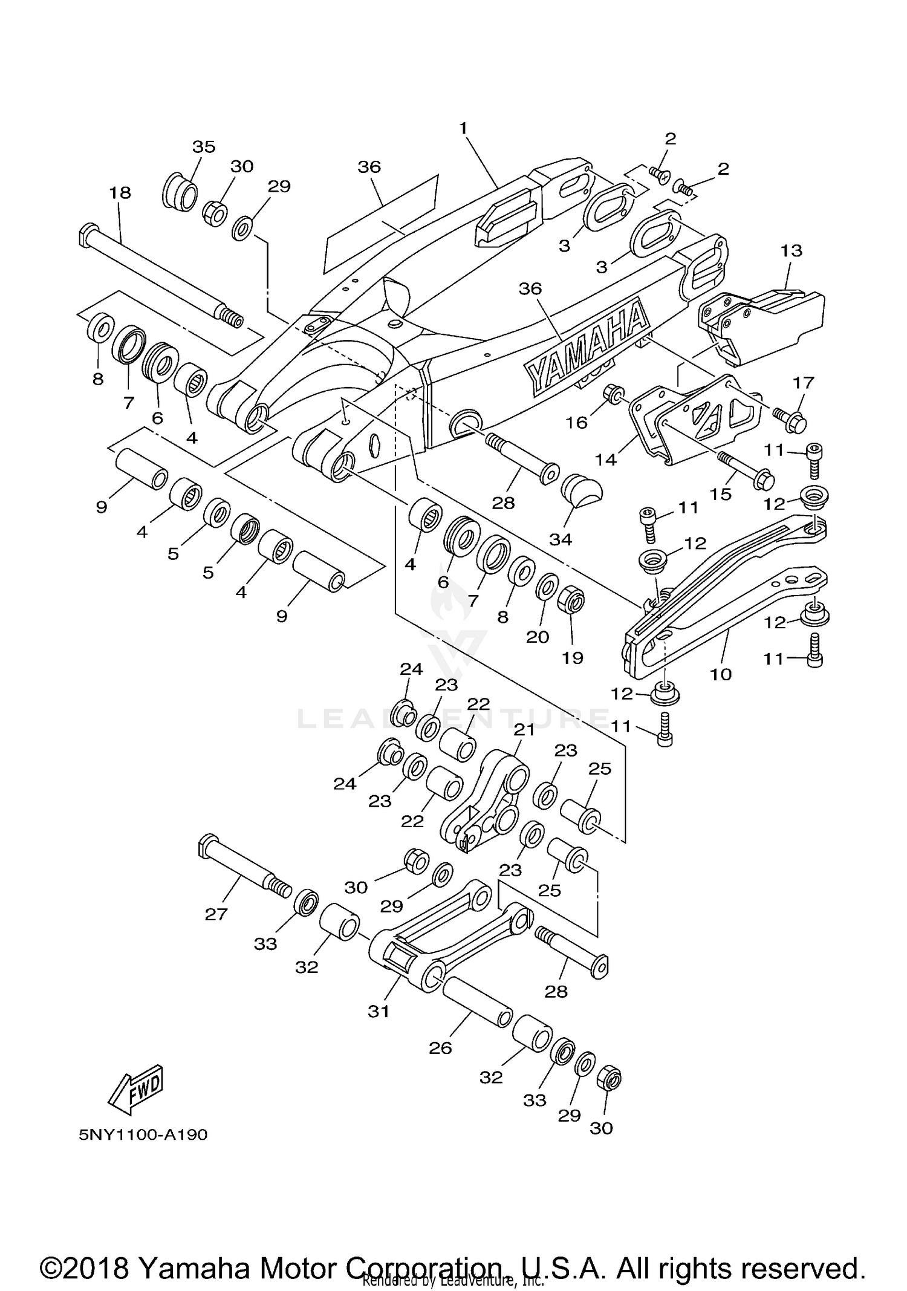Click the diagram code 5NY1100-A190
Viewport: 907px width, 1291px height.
tap(143, 1134)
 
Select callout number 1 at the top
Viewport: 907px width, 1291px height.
tap(463, 128)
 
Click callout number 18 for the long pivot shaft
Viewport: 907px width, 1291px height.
tap(120, 193)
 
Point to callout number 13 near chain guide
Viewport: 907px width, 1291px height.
tap(791, 250)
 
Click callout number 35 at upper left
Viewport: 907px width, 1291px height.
tap(204, 147)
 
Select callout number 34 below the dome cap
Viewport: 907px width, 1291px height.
tap(560, 539)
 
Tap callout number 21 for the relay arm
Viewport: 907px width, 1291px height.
tap(524, 730)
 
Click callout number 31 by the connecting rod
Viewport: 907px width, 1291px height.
tap(379, 1010)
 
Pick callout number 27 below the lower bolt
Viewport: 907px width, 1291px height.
tap(216, 914)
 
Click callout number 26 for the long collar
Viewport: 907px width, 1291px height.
tap(440, 1048)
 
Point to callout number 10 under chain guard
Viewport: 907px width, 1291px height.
tap(721, 674)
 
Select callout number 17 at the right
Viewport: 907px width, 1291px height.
tap(804, 382)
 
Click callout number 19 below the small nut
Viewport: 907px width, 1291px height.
tap(572, 657)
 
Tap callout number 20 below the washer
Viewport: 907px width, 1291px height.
tap(537, 636)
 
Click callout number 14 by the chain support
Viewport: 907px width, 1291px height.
tap(605, 460)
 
